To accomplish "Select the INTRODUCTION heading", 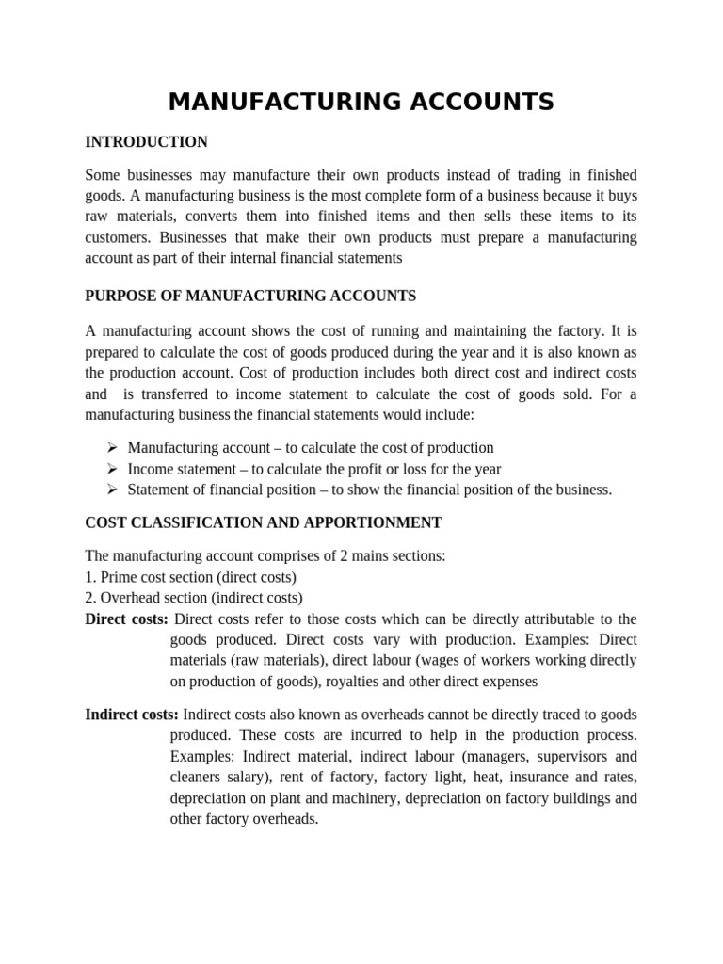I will pyautogui.click(x=146, y=142).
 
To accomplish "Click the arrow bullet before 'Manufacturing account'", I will pyautogui.click(x=111, y=448).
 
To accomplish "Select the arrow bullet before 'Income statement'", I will pyautogui.click(x=111, y=469).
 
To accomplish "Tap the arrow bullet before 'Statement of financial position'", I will pyautogui.click(x=111, y=490).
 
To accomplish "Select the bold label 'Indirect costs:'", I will pyautogui.click(x=132, y=715).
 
